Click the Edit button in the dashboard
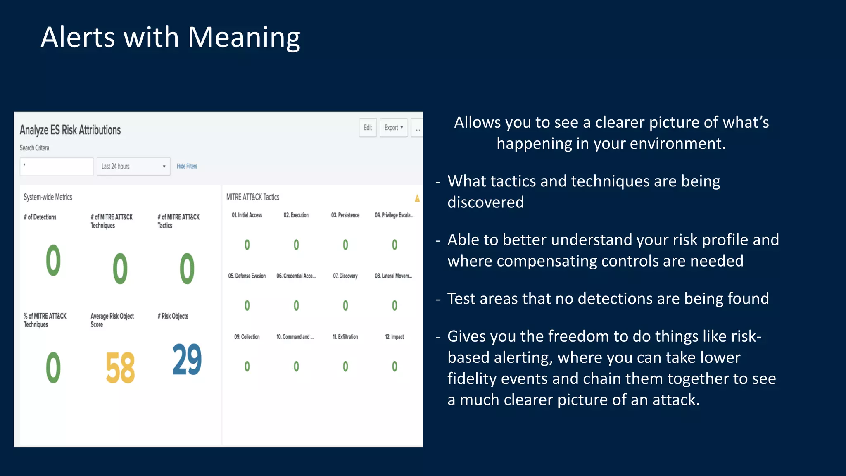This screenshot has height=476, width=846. click(368, 128)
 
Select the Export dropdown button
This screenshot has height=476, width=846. click(393, 128)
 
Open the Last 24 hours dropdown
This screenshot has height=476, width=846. click(133, 167)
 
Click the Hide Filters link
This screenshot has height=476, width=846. click(187, 166)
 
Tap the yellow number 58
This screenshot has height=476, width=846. click(120, 368)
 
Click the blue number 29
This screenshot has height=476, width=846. click(187, 360)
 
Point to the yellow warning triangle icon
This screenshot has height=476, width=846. click(417, 198)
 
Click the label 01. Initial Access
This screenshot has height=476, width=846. click(247, 215)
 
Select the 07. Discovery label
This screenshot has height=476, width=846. click(345, 276)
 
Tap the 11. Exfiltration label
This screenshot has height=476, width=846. click(345, 337)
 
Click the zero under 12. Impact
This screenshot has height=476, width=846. click(394, 367)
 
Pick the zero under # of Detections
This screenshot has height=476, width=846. click(53, 260)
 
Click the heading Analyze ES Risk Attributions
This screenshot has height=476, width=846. click(70, 130)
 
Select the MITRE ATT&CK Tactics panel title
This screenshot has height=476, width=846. click(252, 197)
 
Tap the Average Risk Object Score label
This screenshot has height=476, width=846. click(112, 320)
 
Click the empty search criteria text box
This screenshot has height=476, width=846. click(57, 167)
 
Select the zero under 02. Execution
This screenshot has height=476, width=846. click(296, 245)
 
